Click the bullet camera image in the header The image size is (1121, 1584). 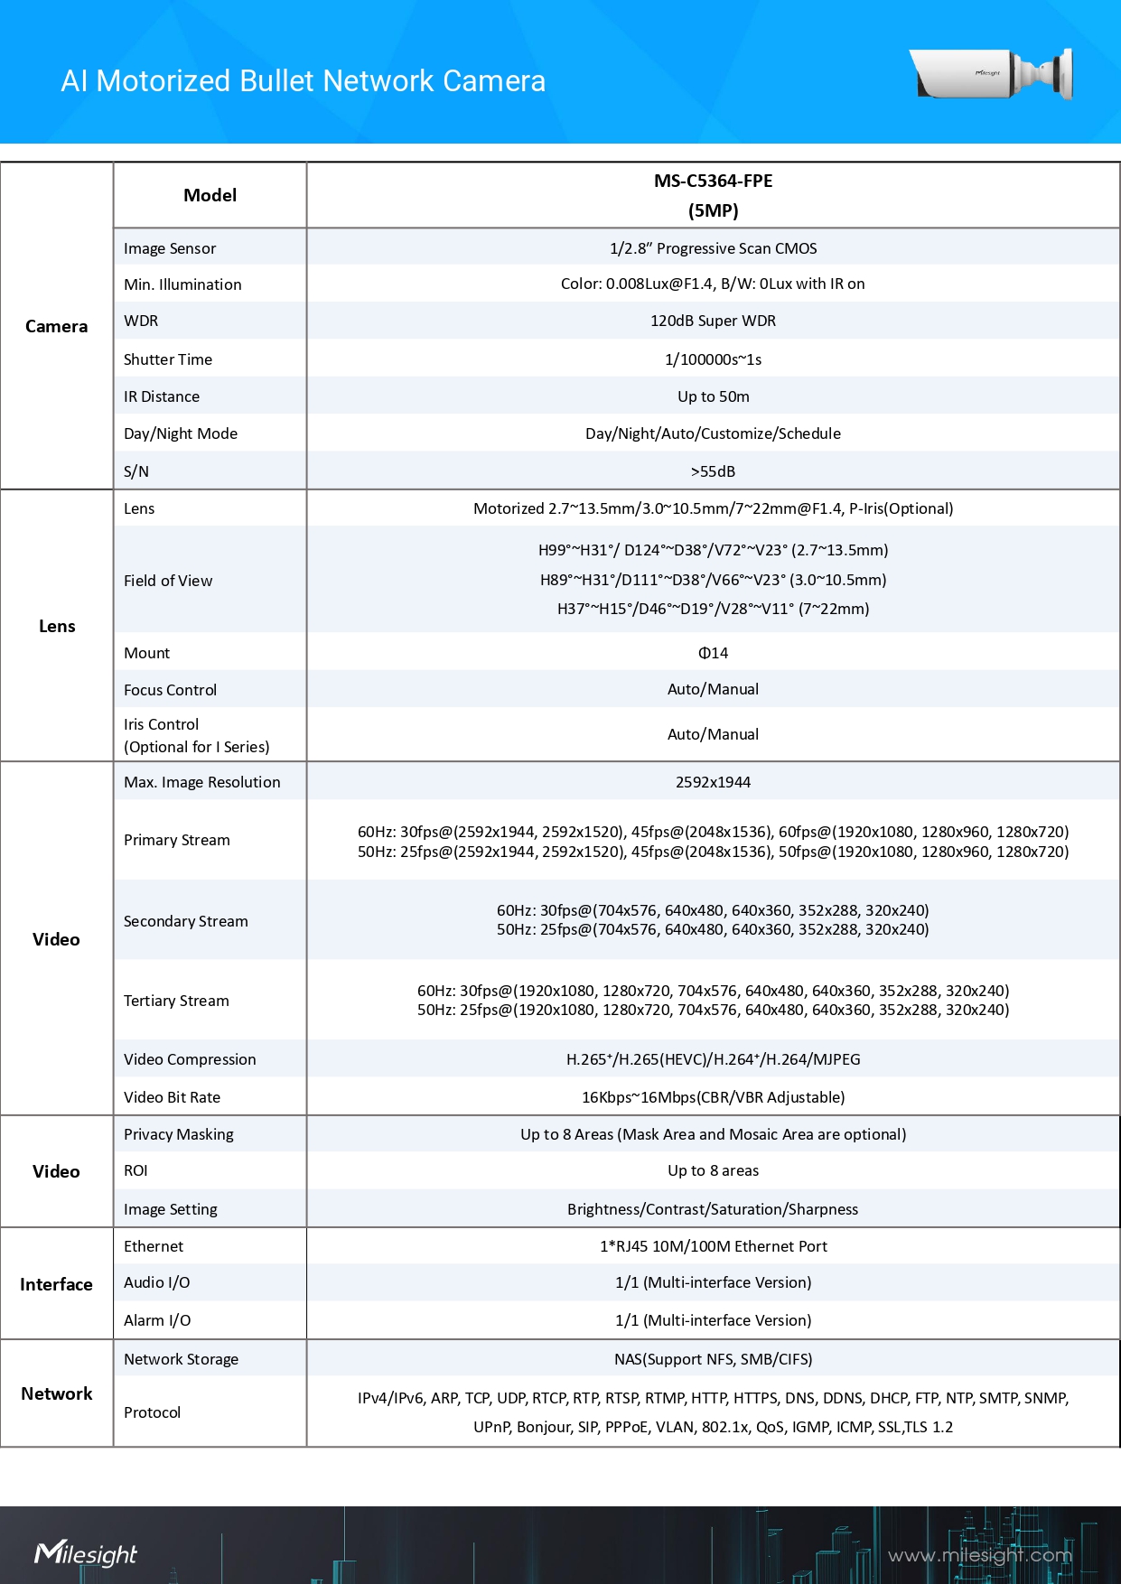992,74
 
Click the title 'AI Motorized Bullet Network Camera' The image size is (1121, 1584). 303,81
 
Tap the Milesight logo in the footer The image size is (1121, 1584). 86,1553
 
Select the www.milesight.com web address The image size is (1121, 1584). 979,1555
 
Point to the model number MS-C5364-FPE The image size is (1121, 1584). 713,181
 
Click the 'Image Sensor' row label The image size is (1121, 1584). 170,248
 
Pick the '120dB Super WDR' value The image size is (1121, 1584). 713,321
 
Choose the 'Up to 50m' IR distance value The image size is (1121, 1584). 713,396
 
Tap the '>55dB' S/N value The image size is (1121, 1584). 713,471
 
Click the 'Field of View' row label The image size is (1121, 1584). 168,581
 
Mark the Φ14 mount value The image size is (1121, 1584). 713,653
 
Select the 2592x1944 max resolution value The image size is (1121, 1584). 713,782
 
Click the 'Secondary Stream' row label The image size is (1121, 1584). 186,921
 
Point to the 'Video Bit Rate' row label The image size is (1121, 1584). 172,1097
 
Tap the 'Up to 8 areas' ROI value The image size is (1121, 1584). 713,1170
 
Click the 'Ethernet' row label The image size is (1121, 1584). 154,1246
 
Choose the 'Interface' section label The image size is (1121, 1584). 56,1284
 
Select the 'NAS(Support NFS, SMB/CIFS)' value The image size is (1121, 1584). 713,1359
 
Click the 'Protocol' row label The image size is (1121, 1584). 152,1412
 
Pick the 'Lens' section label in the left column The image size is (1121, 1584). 57,626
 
